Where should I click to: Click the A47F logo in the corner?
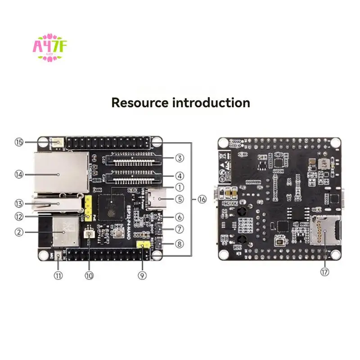(x=49, y=46)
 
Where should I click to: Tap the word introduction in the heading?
(x=211, y=102)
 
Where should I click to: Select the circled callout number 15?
(x=18, y=142)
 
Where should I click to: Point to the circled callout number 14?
(x=18, y=174)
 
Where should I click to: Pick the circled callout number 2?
(x=18, y=232)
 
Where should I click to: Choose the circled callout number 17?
(x=325, y=272)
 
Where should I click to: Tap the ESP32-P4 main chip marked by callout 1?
(x=111, y=206)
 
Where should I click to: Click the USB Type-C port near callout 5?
(x=160, y=198)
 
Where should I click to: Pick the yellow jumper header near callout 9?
(x=143, y=245)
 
